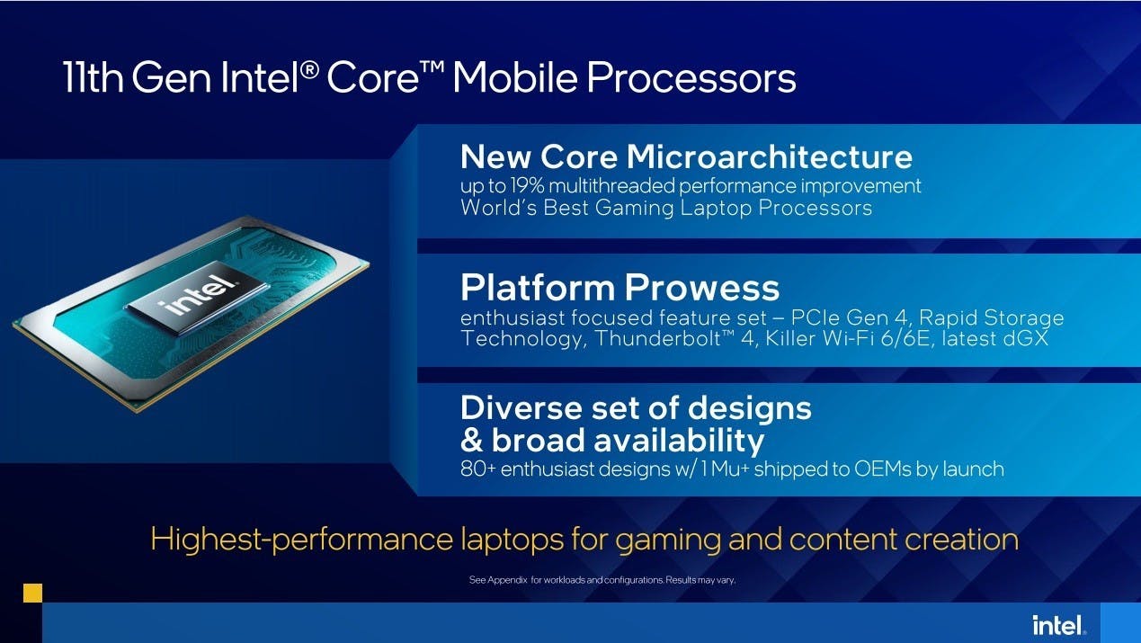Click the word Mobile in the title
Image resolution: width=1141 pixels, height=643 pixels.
click(x=514, y=77)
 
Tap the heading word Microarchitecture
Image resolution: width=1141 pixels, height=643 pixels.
click(x=769, y=156)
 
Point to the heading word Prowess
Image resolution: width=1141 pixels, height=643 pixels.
click(x=702, y=288)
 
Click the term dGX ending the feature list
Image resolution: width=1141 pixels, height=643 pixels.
click(x=1026, y=338)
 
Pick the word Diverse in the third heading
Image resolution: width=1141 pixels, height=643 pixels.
click(x=519, y=408)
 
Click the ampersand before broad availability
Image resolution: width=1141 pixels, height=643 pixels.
click(x=472, y=441)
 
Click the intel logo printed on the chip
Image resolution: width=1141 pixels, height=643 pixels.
click(x=198, y=296)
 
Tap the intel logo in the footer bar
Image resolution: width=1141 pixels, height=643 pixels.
click(x=1058, y=625)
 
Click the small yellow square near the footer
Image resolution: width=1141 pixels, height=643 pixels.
click(x=32, y=593)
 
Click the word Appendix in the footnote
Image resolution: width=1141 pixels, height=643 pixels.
click(x=507, y=580)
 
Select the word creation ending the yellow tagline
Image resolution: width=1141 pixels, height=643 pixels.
click(x=962, y=540)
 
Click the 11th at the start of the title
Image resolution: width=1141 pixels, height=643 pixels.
click(x=94, y=77)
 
